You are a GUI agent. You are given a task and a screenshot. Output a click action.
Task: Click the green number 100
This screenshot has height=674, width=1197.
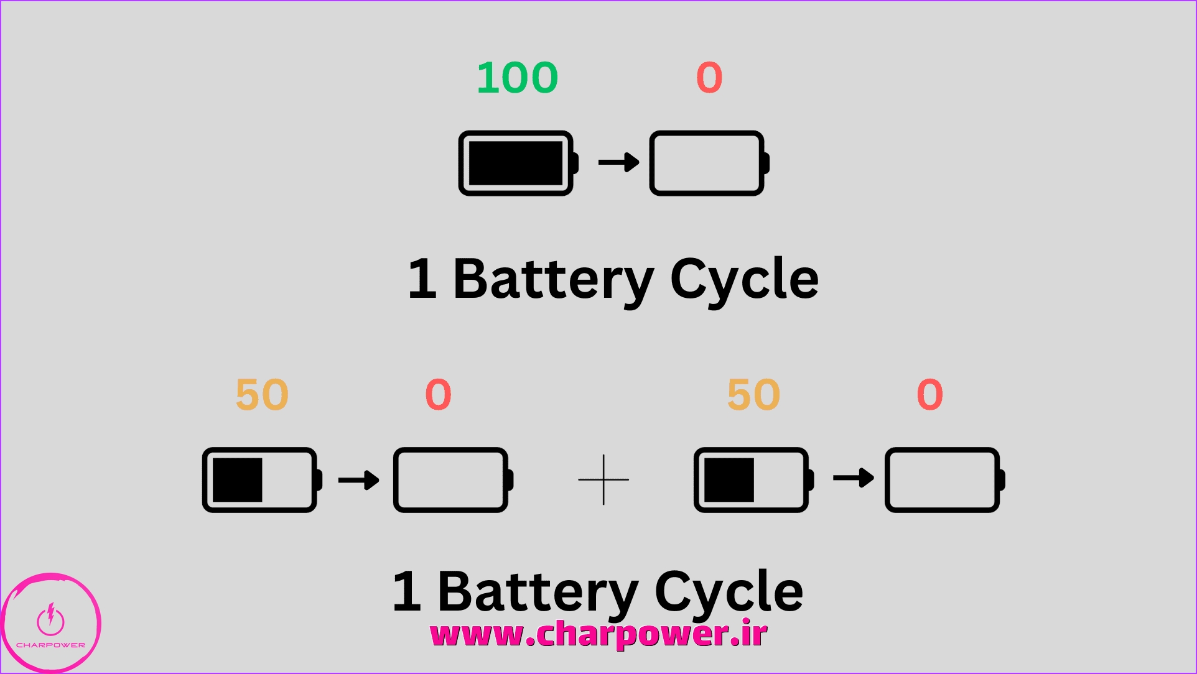pyautogui.click(x=517, y=78)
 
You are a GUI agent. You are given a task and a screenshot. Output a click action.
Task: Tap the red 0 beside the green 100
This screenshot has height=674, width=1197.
pyautogui.click(x=709, y=78)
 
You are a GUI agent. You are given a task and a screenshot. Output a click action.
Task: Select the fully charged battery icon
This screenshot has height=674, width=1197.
pyautogui.click(x=518, y=163)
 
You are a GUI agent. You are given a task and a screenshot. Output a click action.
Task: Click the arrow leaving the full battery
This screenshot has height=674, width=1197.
pyautogui.click(x=618, y=162)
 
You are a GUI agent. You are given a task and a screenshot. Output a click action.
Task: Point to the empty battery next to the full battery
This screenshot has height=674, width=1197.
pyautogui.click(x=709, y=163)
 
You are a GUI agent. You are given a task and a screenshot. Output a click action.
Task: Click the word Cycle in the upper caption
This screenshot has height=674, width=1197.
pyautogui.click(x=744, y=279)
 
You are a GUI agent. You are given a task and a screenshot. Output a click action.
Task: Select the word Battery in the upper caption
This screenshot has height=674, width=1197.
pyautogui.click(x=553, y=279)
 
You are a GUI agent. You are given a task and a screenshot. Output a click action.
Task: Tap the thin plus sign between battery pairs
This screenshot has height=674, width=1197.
pyautogui.click(x=603, y=480)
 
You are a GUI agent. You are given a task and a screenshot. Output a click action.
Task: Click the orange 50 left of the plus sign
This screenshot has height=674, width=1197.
pyautogui.click(x=262, y=395)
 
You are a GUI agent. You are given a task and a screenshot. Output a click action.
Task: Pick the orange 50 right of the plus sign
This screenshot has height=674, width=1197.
pyautogui.click(x=753, y=395)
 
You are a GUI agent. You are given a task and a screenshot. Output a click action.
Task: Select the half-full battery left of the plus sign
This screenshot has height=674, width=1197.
pyautogui.click(x=261, y=480)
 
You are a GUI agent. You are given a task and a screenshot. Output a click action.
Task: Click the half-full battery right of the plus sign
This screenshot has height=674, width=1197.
pyautogui.click(x=753, y=480)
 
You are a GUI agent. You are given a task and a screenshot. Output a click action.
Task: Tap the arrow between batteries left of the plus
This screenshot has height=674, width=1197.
pyautogui.click(x=358, y=480)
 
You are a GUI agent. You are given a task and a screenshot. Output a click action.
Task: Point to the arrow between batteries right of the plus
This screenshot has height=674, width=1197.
pyautogui.click(x=853, y=478)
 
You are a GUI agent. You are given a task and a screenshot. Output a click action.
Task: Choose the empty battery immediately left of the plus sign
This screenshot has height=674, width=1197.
pyautogui.click(x=452, y=480)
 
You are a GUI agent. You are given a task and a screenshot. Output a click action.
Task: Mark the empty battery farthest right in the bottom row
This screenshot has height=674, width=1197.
pyautogui.click(x=944, y=480)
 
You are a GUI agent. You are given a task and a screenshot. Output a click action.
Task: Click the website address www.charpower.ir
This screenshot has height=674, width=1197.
pyautogui.click(x=598, y=635)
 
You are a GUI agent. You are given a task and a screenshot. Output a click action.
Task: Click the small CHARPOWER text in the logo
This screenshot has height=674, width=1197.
pyautogui.click(x=50, y=645)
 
